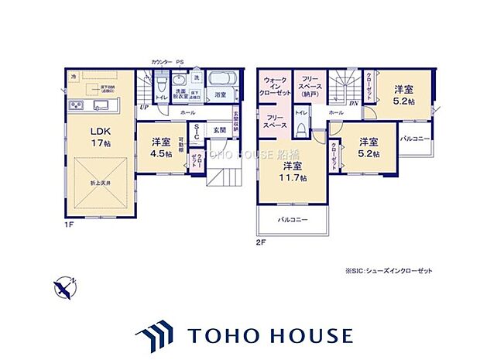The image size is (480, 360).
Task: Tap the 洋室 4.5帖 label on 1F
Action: point(161,147)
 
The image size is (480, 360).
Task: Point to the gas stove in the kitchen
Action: point(75,105)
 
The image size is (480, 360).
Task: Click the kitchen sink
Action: point(101,105)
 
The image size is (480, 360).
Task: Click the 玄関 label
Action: point(219,130)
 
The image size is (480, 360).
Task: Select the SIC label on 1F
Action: point(197,132)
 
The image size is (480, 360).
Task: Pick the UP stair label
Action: point(143,108)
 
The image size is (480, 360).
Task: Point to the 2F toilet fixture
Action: point(300,130)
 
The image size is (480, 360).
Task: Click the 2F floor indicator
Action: point(261,241)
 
